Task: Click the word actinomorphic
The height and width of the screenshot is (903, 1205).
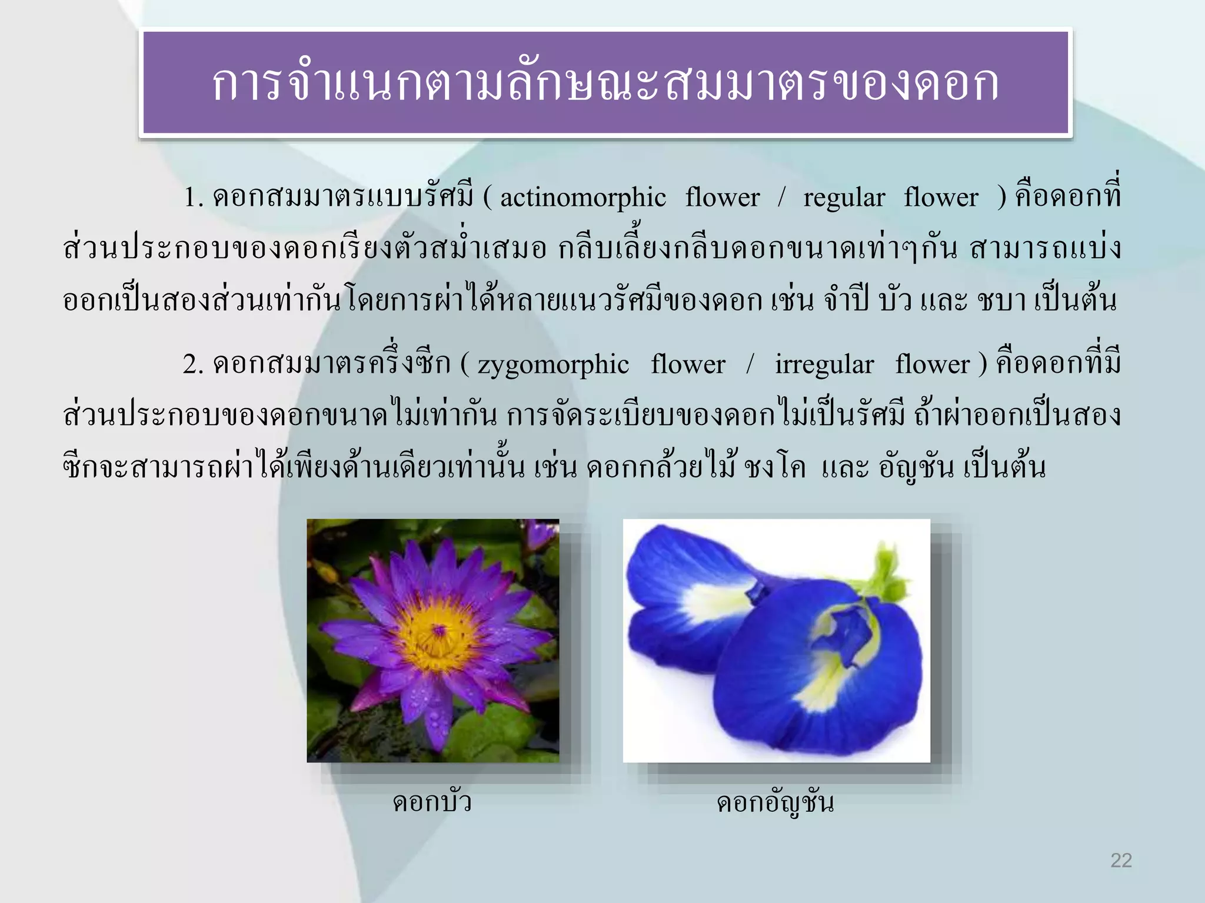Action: pyautogui.click(x=582, y=198)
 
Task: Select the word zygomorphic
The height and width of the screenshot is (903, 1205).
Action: pyautogui.click(x=553, y=365)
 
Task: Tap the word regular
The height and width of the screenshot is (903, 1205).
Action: pyautogui.click(x=844, y=198)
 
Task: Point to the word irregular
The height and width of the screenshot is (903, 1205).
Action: pyautogui.click(x=824, y=365)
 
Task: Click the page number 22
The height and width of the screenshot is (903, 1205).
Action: pyautogui.click(x=1121, y=860)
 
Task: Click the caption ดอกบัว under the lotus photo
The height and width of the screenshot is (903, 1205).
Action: pyautogui.click(x=432, y=802)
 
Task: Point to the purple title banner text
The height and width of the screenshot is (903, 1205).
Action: pyautogui.click(x=605, y=83)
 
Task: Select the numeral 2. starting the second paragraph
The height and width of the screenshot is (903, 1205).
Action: pyautogui.click(x=193, y=365)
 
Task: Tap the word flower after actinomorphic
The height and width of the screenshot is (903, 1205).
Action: pyautogui.click(x=723, y=198)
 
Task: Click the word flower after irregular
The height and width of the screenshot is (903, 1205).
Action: pyautogui.click(x=932, y=365)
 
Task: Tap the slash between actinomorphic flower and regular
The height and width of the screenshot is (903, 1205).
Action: pyautogui.click(x=781, y=198)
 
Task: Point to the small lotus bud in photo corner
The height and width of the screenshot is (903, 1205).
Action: pyautogui.click(x=542, y=532)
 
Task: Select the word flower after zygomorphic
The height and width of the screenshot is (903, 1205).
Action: pyautogui.click(x=688, y=365)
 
